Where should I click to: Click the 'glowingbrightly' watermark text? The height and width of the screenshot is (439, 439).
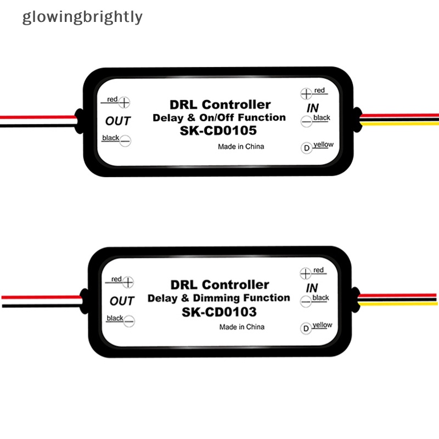(82, 17)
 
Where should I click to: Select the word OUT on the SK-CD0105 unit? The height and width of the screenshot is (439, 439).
(117, 121)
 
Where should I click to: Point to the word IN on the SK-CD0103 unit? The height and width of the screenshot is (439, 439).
(312, 288)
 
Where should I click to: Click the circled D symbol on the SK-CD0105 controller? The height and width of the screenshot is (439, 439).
(306, 148)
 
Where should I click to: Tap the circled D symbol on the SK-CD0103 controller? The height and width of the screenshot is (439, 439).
(306, 329)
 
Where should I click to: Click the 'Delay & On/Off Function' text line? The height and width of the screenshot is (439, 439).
(218, 117)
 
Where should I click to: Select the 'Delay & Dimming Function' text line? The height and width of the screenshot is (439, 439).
(218, 298)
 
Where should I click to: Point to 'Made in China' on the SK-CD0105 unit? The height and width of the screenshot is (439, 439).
(240, 147)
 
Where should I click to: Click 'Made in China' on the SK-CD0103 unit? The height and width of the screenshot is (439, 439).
(241, 327)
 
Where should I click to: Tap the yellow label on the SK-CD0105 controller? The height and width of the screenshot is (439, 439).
(324, 144)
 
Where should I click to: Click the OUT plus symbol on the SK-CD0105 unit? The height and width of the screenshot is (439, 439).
(125, 102)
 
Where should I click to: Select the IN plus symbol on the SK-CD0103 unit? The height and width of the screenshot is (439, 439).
(306, 273)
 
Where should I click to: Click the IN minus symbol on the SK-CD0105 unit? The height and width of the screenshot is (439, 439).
(306, 122)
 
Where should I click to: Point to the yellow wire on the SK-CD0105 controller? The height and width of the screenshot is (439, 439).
(401, 123)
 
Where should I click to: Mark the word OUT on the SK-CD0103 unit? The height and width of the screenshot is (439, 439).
(122, 301)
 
